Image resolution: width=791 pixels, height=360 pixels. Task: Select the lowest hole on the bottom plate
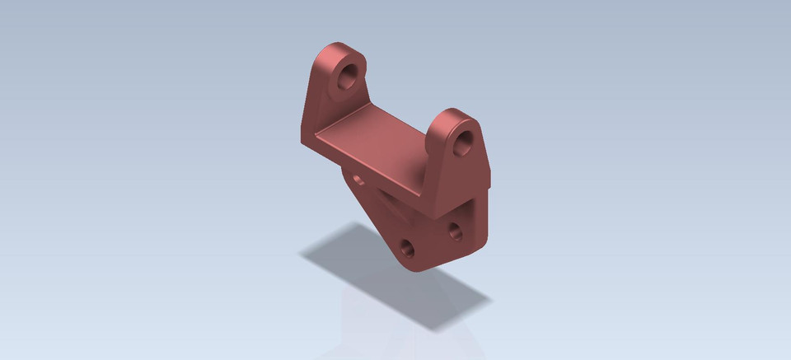click(x=407, y=247)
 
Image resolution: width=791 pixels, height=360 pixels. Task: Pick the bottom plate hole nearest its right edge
click(x=455, y=231)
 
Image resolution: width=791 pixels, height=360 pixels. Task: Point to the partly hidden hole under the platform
click(x=357, y=176)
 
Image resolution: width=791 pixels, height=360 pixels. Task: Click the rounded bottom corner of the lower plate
click(x=416, y=265)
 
